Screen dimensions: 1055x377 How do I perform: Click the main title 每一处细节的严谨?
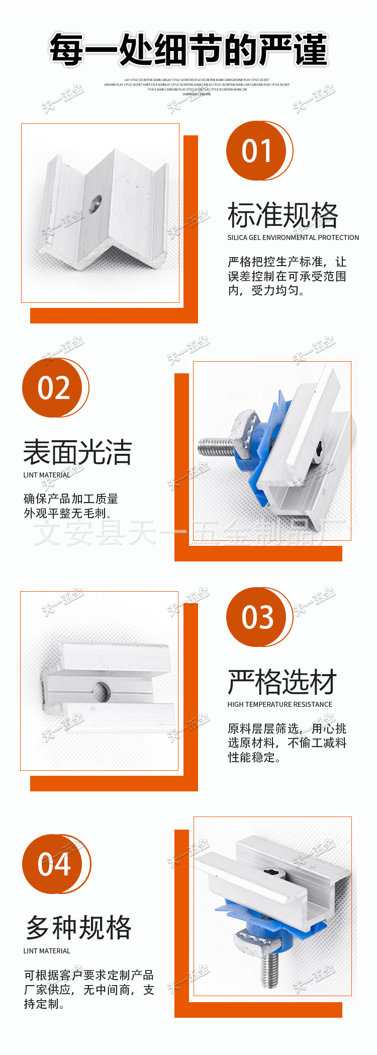coord(189,50)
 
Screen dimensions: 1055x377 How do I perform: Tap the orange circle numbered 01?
coord(256,150)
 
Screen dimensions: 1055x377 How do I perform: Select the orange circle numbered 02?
coord(53,388)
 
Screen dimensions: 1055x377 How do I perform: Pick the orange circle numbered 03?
coord(256,617)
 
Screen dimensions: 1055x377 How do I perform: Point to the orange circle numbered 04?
coord(53,864)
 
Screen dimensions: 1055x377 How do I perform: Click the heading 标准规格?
coord(282,215)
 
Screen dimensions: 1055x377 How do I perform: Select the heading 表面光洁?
coord(77,452)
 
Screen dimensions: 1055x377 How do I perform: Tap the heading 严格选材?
coord(282,682)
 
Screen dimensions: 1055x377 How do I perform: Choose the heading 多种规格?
coord(78,928)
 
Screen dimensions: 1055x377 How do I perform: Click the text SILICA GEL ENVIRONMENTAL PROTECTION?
coord(293,237)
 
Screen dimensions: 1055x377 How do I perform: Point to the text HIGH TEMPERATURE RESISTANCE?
coord(279,704)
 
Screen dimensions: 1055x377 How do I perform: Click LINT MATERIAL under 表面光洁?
coord(47,475)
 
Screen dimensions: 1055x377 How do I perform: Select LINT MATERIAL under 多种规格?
coord(47,951)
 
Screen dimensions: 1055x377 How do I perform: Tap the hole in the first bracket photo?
coord(95,204)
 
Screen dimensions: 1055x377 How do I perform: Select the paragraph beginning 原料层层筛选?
coord(287,743)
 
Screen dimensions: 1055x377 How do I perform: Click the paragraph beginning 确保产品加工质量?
coord(71,506)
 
